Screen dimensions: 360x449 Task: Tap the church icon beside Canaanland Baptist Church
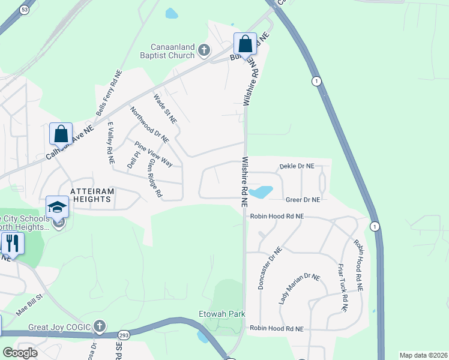point(204,50)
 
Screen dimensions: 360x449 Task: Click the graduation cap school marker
point(58,207)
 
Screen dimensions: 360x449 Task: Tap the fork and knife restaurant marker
point(11,243)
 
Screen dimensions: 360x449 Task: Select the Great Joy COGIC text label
point(59,328)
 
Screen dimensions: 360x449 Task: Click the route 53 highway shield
point(24,10)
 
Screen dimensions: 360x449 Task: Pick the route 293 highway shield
point(124,334)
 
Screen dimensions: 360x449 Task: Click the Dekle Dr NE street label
point(297,166)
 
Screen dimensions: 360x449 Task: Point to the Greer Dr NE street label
point(303,200)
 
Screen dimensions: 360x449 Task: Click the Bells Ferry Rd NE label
point(109,93)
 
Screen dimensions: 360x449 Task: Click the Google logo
point(20,353)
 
